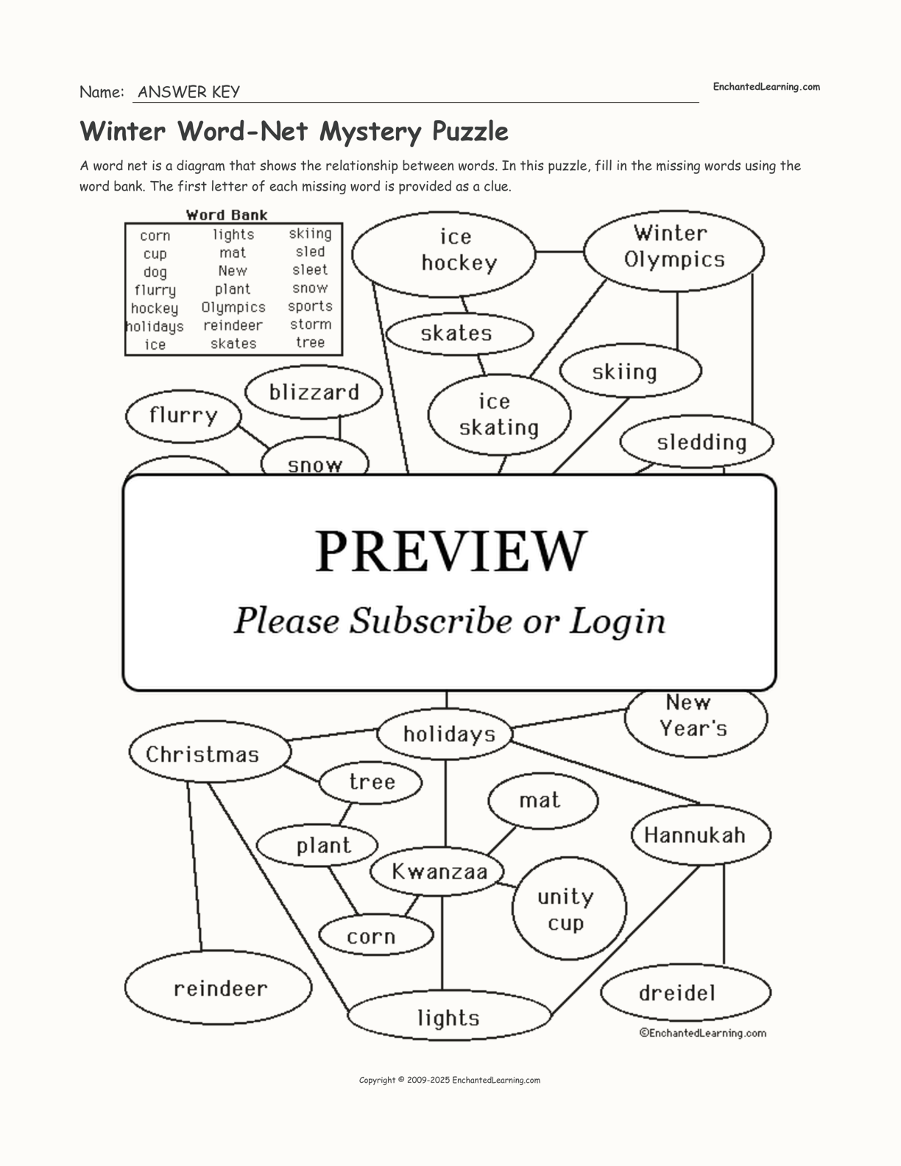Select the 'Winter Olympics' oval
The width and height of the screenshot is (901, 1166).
point(674,249)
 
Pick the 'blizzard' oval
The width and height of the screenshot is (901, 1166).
point(314,392)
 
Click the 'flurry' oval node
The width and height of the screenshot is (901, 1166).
point(183,416)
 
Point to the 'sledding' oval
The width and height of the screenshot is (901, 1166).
point(696,442)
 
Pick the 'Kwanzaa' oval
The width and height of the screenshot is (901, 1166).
point(439,872)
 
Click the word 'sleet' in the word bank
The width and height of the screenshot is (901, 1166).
point(310,270)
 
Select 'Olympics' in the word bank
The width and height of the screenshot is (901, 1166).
point(233,307)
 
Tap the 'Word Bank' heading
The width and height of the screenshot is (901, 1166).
point(227,215)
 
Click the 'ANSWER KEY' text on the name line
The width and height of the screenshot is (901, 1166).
point(188,92)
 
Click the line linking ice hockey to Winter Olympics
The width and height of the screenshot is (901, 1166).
point(559,252)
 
